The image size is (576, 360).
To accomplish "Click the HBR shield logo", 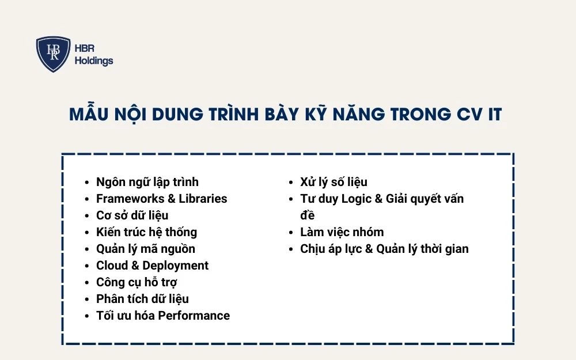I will pyautogui.click(x=53, y=54).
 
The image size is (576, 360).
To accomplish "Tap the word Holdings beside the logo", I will pyautogui.click(x=94, y=61).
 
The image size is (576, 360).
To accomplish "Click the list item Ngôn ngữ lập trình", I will pyautogui.click(x=147, y=182).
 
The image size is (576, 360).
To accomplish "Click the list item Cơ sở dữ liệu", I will pyautogui.click(x=132, y=215).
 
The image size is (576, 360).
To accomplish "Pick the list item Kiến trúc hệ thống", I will pyautogui.click(x=146, y=232).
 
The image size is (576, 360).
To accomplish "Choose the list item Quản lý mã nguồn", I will pyautogui.click(x=145, y=249).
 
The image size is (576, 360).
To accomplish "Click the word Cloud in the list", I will pyautogui.click(x=112, y=266).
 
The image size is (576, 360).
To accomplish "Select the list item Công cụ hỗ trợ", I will pyautogui.click(x=137, y=282).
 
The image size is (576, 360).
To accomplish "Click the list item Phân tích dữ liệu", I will pyautogui.click(x=142, y=299).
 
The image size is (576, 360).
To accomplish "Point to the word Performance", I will pyautogui.click(x=194, y=316).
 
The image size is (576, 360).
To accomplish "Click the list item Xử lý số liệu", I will pyautogui.click(x=334, y=182).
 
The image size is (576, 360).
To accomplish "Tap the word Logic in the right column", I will pyautogui.click(x=357, y=199).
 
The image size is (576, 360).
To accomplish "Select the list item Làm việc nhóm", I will pyautogui.click(x=342, y=232).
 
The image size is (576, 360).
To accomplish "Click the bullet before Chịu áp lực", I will pyautogui.click(x=293, y=249).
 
